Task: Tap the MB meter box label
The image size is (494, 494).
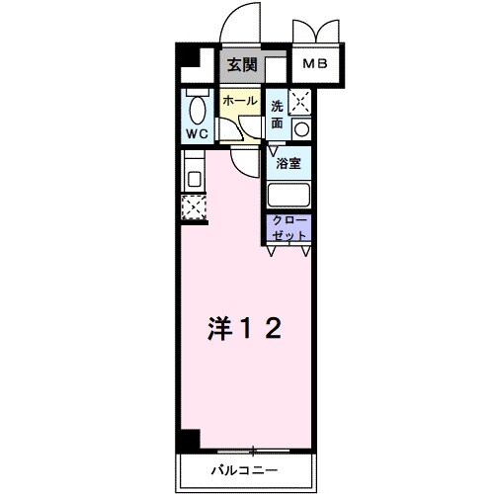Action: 316,65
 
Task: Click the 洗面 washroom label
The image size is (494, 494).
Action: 278,115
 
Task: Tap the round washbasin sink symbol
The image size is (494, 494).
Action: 301,127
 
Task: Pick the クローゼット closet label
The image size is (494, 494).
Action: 288,229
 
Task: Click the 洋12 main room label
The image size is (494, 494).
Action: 246,328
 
